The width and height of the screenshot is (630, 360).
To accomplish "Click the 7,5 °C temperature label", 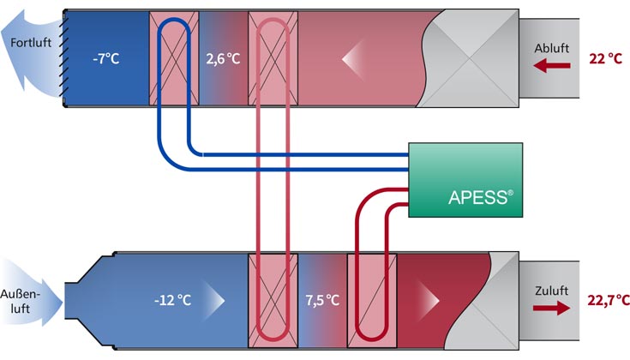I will (322, 300).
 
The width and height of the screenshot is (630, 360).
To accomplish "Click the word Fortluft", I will (27, 43).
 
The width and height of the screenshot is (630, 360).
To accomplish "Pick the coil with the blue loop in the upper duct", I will (174, 57).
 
